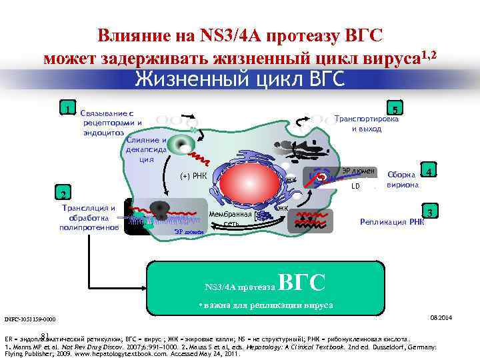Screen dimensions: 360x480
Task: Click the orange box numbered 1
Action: coord(66,108)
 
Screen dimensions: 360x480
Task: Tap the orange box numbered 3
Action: coord(431,212)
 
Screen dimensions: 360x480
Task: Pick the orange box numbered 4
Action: coord(431,171)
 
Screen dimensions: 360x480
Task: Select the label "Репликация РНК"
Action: coord(392,222)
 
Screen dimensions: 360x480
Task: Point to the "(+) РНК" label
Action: coord(193,177)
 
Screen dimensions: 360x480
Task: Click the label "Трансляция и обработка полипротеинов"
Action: coord(89,218)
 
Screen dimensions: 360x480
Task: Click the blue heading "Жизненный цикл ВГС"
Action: coord(239,79)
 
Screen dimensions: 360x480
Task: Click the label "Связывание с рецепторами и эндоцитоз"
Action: coord(111,123)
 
